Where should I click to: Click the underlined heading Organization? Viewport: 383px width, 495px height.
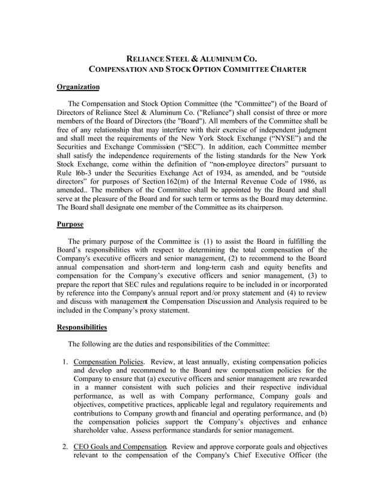point(78,87)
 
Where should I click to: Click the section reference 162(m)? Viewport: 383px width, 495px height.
point(200,180)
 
